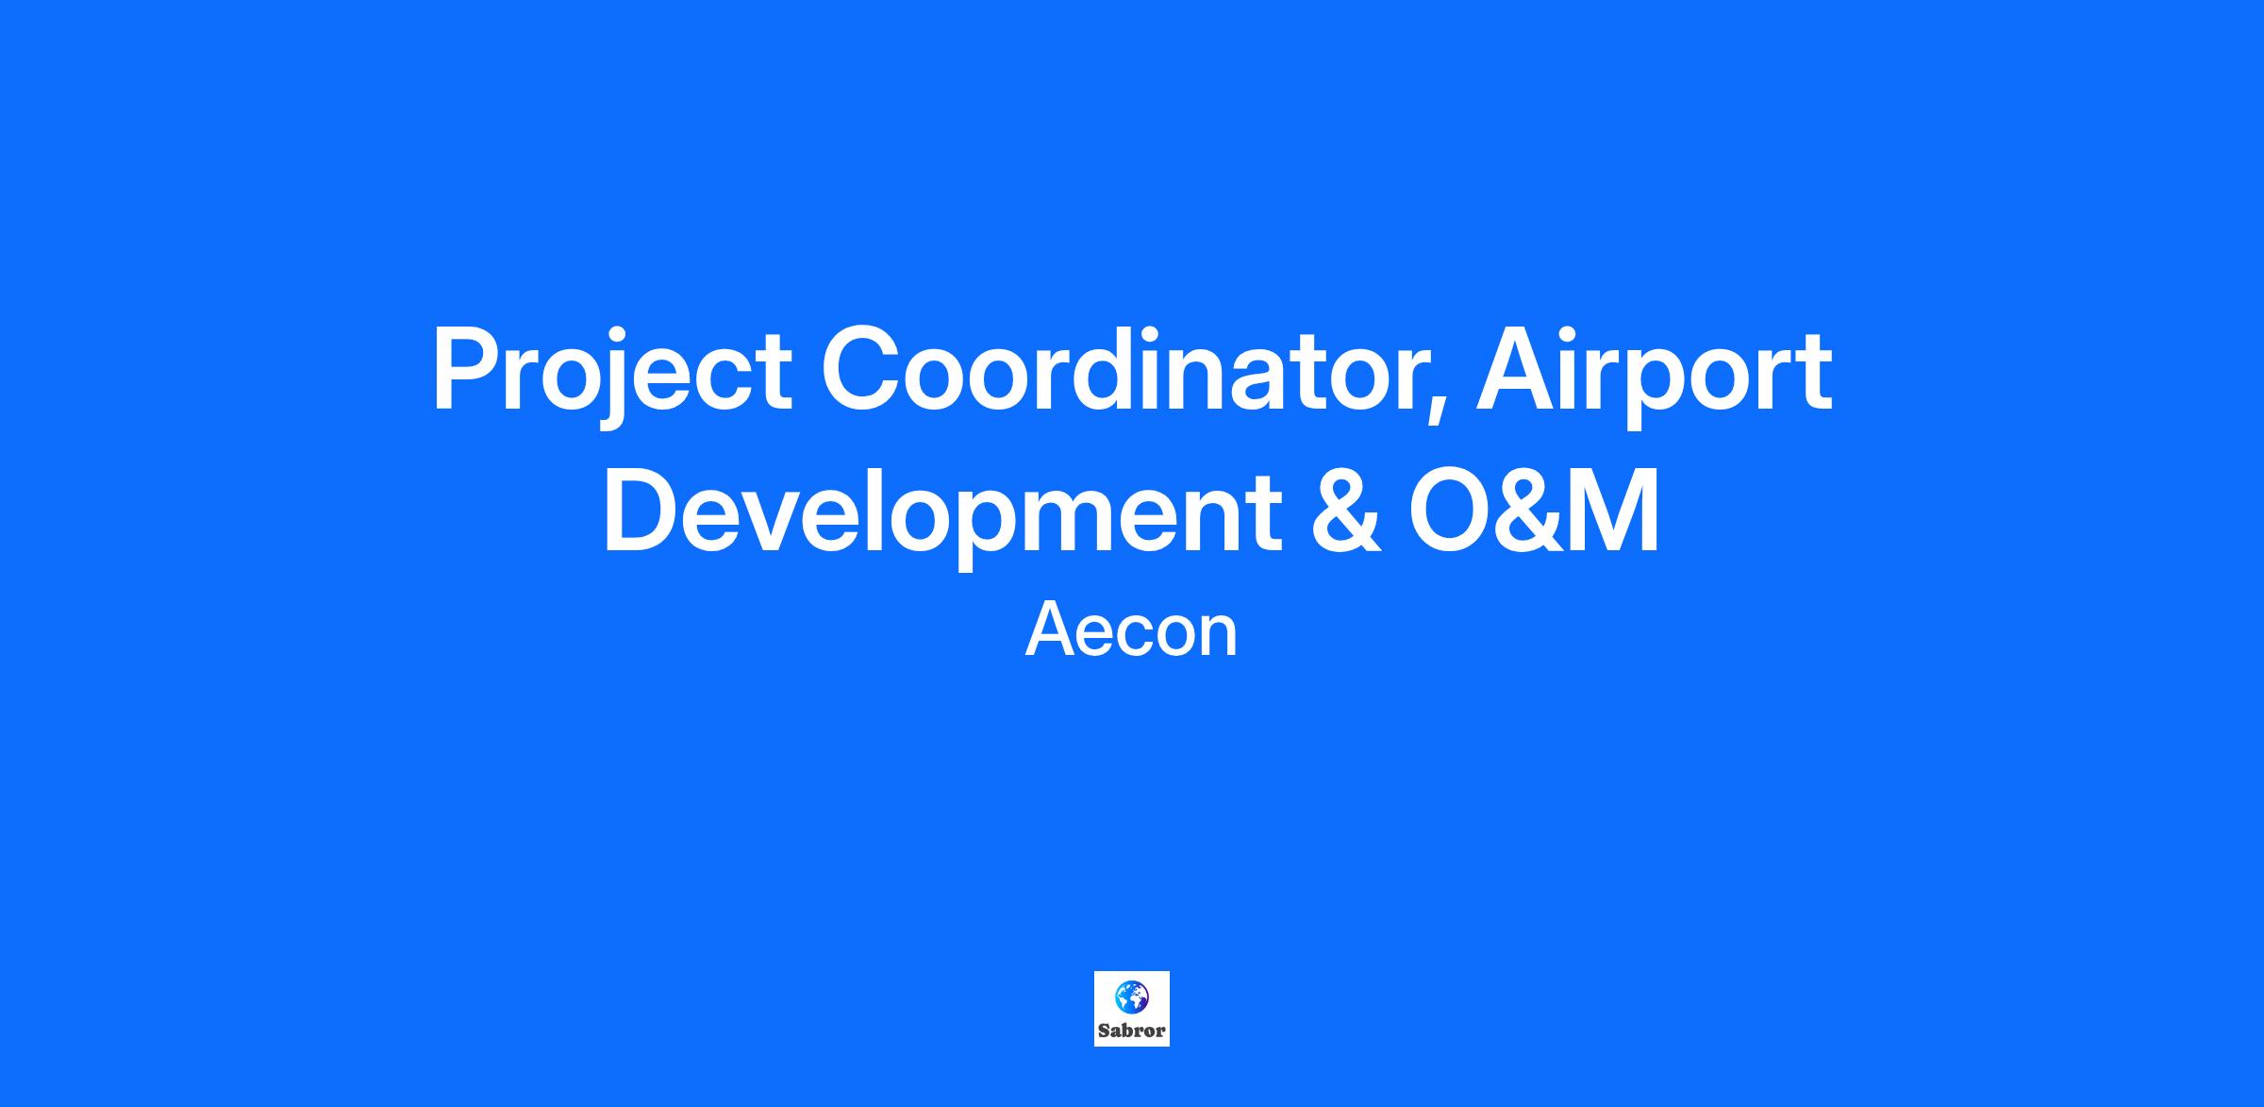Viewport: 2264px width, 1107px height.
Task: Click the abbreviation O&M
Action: click(x=1535, y=511)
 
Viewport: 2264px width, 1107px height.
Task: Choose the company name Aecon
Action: click(x=1131, y=632)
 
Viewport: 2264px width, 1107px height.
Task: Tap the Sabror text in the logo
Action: click(x=1132, y=1031)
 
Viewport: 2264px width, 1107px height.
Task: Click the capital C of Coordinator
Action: click(x=861, y=369)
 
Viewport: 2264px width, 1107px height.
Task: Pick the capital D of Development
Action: click(x=642, y=511)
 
